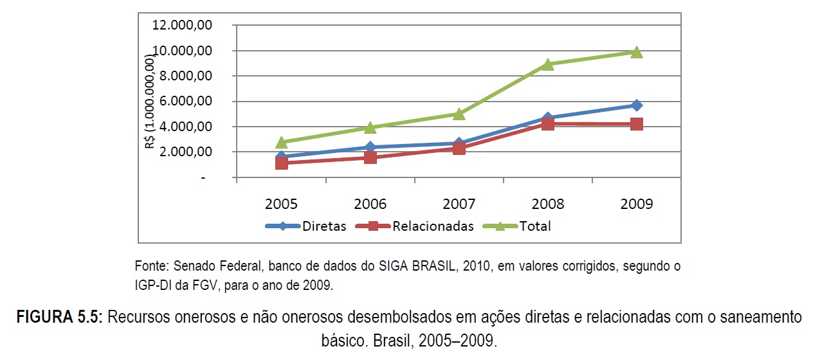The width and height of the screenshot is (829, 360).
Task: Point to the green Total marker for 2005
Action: click(x=281, y=141)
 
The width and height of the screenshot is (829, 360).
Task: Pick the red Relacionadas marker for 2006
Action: click(x=370, y=157)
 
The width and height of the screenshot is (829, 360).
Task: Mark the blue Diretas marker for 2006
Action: click(x=370, y=147)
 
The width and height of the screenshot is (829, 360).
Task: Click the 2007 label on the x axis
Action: click(x=459, y=204)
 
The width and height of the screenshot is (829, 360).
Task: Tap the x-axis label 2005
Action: click(x=281, y=204)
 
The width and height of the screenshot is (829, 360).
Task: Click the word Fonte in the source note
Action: click(x=149, y=265)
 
